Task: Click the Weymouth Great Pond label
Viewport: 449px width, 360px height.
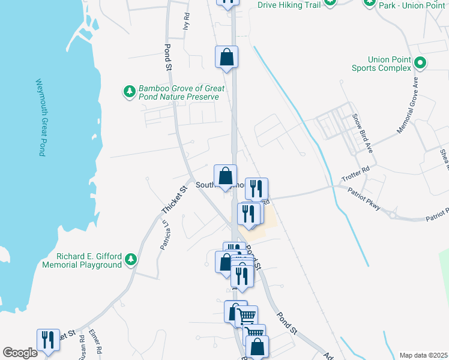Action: click(x=39, y=117)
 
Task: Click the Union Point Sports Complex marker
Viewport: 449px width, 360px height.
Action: click(x=420, y=62)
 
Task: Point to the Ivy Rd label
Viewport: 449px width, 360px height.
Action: click(x=187, y=22)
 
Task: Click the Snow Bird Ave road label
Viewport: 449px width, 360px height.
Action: click(x=363, y=133)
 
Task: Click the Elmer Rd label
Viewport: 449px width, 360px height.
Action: click(x=94, y=341)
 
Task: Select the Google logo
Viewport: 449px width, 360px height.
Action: click(x=20, y=353)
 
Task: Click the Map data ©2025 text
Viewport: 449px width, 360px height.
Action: click(x=423, y=355)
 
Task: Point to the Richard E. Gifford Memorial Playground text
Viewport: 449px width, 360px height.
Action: click(x=82, y=260)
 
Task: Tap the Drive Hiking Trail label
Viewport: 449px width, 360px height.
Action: click(x=289, y=5)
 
